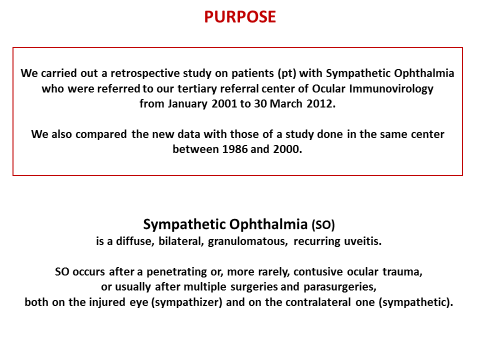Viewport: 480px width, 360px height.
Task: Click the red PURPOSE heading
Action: pos(240,18)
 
